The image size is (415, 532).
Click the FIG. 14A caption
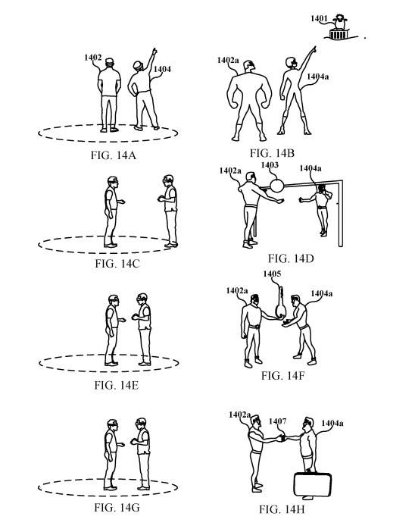[114, 155]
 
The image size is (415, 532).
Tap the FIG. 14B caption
[273, 153]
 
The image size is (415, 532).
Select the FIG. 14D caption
[291, 258]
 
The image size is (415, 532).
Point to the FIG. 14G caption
[117, 508]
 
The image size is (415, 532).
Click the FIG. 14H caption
[282, 509]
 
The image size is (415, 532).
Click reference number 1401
[319, 18]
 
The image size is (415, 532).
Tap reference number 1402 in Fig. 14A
[93, 58]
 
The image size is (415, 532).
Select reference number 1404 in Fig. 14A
[162, 69]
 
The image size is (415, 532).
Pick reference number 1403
[270, 165]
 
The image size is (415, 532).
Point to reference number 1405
[272, 274]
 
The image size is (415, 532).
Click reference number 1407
[278, 421]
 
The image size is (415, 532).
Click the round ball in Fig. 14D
[276, 186]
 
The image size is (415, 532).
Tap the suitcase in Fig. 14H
[312, 485]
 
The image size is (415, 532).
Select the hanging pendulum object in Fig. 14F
[280, 303]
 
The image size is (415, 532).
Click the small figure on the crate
[339, 22]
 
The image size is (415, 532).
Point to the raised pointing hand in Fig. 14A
[154, 52]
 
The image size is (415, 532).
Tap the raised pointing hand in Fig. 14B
[314, 49]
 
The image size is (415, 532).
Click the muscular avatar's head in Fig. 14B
[249, 66]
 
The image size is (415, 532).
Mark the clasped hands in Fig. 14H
[282, 438]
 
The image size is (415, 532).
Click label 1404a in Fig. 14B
[318, 77]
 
